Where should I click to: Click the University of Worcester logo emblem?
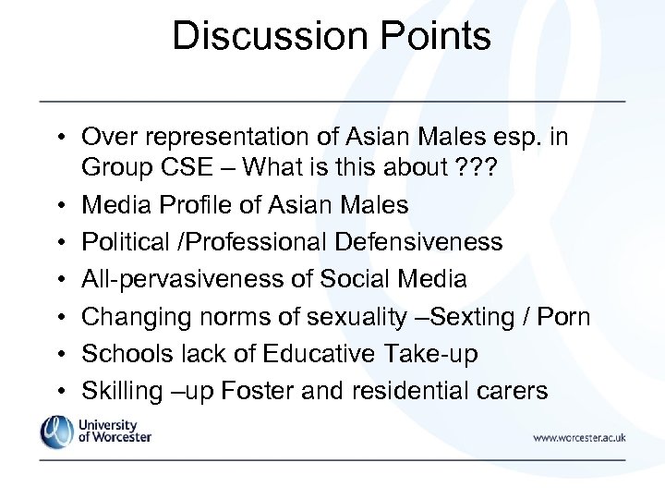point(55,432)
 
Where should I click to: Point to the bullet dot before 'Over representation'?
point(57,139)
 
